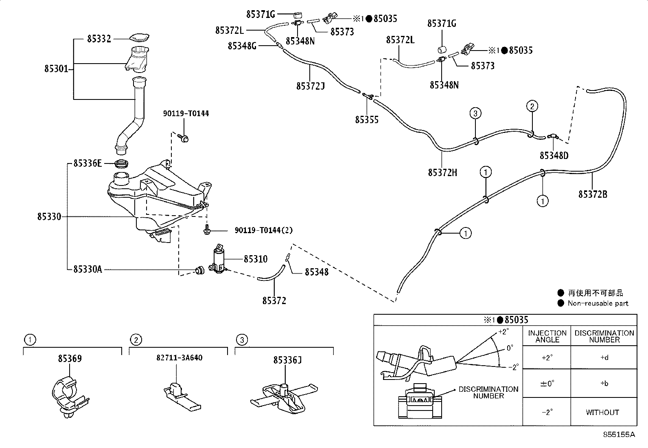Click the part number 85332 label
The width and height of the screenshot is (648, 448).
click(99, 39)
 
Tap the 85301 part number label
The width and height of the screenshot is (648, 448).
click(56, 69)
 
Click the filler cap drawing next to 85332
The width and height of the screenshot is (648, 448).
click(139, 38)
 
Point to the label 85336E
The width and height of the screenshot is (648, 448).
click(88, 163)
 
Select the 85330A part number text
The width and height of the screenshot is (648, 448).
click(88, 269)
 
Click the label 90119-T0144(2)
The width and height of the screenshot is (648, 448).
click(263, 231)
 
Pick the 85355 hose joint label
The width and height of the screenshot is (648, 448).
click(367, 119)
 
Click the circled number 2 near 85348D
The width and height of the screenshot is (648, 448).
click(532, 107)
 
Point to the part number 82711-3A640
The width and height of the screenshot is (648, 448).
click(179, 358)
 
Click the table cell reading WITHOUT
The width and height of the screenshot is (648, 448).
click(602, 413)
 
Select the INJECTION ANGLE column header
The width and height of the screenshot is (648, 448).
click(547, 336)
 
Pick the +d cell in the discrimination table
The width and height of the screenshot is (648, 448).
click(604, 358)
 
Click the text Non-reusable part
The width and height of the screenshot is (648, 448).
click(598, 303)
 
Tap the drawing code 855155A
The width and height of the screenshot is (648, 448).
click(619, 435)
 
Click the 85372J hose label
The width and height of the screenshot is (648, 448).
click(310, 86)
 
